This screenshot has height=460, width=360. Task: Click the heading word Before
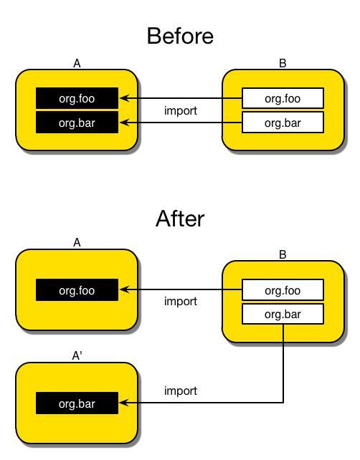180,36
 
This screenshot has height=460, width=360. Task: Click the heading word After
180,219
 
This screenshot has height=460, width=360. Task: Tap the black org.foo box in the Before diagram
77,98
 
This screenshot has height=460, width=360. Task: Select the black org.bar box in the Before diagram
77,123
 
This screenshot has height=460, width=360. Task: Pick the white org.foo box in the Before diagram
283,98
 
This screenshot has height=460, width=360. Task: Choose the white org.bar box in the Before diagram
283,123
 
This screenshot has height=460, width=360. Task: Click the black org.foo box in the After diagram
77,290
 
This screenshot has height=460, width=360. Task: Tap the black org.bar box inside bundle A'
77,403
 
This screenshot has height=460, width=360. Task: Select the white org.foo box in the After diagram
283,290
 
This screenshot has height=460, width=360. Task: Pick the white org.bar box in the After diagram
283,314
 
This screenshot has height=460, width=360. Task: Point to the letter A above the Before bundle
77,63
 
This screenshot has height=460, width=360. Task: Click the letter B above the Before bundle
283,63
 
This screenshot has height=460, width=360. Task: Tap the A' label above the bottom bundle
77,355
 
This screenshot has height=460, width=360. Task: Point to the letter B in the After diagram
283,254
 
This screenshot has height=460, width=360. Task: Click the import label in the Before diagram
181,111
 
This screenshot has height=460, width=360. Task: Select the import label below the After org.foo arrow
181,301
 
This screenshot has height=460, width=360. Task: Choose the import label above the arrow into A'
181,390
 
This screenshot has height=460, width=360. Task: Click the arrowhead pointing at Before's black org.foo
125,98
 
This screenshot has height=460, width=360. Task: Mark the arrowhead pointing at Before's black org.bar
125,123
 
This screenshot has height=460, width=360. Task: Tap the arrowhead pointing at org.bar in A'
125,403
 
